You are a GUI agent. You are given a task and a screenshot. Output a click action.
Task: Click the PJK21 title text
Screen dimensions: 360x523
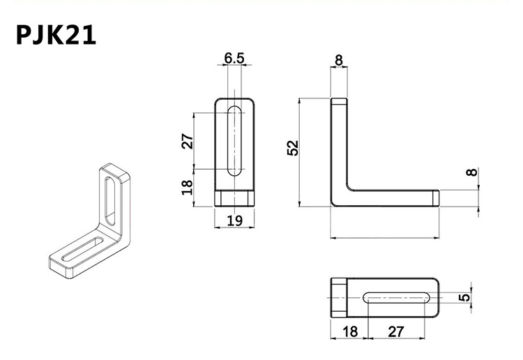coord(56,36)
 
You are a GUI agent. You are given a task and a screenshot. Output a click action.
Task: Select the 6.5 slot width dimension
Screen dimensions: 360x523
coord(234,59)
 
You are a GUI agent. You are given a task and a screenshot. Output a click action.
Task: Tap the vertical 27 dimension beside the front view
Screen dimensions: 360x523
coord(188,142)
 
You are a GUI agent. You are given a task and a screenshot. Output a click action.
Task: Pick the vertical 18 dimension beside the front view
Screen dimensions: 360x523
coord(188,188)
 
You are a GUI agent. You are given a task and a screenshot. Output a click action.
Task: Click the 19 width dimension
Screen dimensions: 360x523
coord(234,221)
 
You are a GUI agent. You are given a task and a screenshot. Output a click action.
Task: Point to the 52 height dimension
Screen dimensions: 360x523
coord(294,148)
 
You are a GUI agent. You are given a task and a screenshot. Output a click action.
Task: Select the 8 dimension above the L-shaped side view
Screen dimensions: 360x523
coord(339,61)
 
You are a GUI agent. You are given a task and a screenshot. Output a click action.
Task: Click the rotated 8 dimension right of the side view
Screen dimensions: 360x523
coord(475,172)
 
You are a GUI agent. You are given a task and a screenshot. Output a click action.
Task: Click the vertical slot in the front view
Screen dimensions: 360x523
coord(235,140)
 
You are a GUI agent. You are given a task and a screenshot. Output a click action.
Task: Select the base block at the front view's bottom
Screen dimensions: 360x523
coord(235,197)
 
